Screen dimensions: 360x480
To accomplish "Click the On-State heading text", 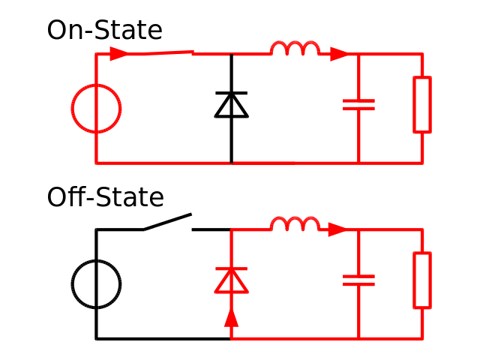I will [x=104, y=31].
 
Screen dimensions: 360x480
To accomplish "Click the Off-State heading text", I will [x=105, y=197].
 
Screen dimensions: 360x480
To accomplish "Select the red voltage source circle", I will [x=96, y=109].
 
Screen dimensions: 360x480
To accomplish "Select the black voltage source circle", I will [x=96, y=284].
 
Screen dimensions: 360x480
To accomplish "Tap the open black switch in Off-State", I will [x=168, y=222].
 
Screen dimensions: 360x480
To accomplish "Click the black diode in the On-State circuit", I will [x=231, y=105].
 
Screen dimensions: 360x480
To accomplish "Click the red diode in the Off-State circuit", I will [x=231, y=280].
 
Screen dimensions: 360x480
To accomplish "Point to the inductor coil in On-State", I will [x=295, y=49].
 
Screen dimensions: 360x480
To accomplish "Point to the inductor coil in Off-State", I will [x=295, y=225].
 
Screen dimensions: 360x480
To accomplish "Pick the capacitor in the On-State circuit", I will [x=358, y=104].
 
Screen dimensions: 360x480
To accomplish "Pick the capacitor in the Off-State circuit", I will [x=358, y=280].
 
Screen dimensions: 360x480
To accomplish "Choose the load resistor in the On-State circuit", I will [x=422, y=104].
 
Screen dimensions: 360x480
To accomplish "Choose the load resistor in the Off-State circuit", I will [x=422, y=280].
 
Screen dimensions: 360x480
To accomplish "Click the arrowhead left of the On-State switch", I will [x=118, y=54].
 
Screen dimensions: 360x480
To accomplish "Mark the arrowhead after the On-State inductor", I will [x=339, y=54].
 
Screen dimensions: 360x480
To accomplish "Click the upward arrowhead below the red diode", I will [x=231, y=317].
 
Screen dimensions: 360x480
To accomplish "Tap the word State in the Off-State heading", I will [x=129, y=197].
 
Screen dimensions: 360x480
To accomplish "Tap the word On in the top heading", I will [x=61, y=31].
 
